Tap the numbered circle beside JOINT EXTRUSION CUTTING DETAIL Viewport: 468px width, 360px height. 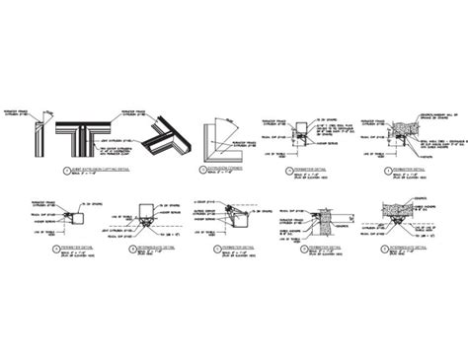(x=48, y=170)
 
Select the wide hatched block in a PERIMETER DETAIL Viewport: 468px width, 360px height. (x=400, y=128)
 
